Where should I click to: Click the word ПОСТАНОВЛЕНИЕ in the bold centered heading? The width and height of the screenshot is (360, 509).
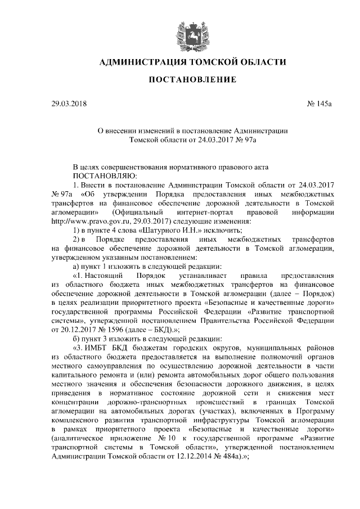192,80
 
